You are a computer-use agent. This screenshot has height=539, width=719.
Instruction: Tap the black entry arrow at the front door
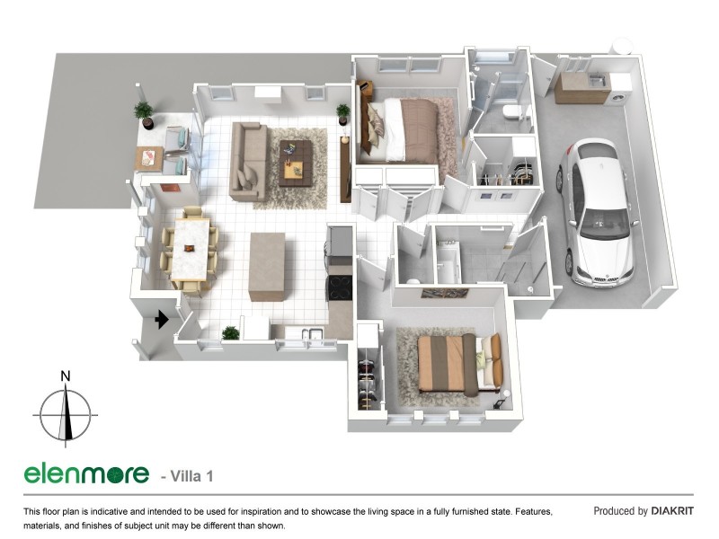(163, 319)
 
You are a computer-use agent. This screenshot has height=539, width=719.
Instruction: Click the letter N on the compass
(66, 376)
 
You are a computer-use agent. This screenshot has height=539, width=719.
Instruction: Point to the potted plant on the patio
(144, 113)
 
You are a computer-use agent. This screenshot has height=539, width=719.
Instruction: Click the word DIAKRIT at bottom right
(672, 511)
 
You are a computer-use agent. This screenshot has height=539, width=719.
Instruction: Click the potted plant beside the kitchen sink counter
(231, 332)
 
